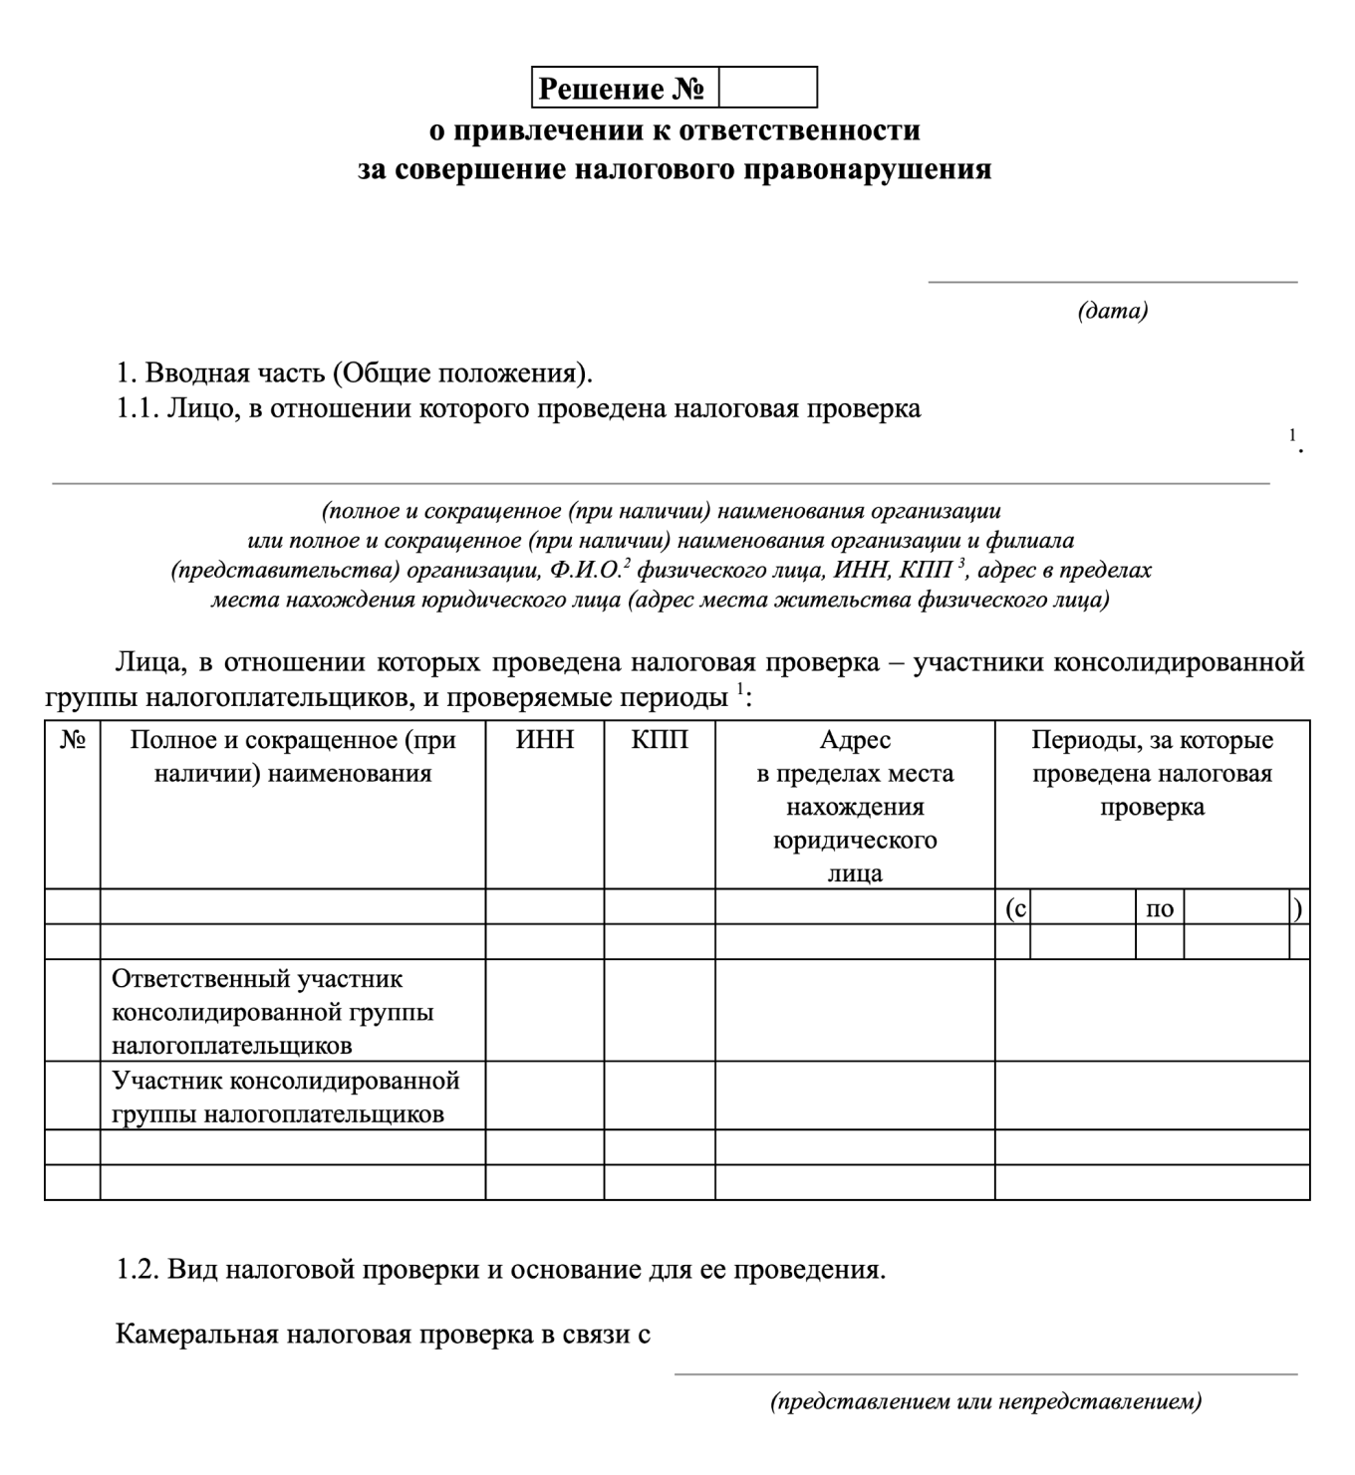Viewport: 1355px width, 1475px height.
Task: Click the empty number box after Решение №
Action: pyautogui.click(x=767, y=88)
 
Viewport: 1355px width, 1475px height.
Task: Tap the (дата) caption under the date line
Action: pyautogui.click(x=1113, y=311)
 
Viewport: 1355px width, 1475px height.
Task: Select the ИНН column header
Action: pyautogui.click(x=544, y=741)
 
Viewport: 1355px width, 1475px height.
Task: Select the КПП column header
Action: pyautogui.click(x=660, y=741)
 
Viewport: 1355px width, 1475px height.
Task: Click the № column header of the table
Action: pyautogui.click(x=72, y=741)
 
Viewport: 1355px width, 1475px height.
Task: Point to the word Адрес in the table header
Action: pyautogui.click(x=855, y=741)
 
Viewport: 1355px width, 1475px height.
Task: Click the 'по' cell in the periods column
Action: pyautogui.click(x=1160, y=908)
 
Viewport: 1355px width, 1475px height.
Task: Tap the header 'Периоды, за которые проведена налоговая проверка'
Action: pyautogui.click(x=1152, y=774)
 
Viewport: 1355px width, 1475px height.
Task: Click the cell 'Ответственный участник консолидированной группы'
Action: pyautogui.click(x=273, y=1012)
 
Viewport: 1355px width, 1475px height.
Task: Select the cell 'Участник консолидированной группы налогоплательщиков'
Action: pyautogui.click(x=285, y=1097)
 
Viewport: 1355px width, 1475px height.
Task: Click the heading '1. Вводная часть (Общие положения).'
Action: pyautogui.click(x=355, y=373)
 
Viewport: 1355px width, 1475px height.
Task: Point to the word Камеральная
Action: pyautogui.click(x=196, y=1335)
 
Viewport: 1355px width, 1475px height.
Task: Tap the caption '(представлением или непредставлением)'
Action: pyautogui.click(x=985, y=1402)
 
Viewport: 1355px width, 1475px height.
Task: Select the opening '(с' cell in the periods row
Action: pyautogui.click(x=1014, y=908)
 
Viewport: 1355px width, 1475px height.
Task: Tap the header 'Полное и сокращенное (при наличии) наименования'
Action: pyautogui.click(x=293, y=757)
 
